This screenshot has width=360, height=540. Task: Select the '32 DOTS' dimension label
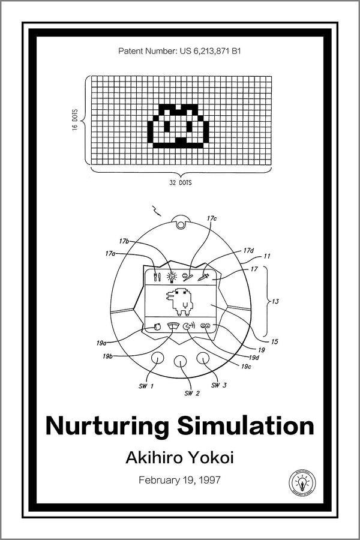tap(180, 182)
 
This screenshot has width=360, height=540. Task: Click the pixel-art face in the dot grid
tap(179, 127)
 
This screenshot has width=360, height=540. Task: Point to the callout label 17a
tap(110, 254)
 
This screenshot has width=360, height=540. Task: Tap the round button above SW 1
tap(158, 358)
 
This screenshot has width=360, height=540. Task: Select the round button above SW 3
tap(203, 358)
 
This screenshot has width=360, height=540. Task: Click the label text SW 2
tap(192, 394)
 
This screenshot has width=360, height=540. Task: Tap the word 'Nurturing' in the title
tap(107, 427)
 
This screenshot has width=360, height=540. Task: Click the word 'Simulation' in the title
tap(245, 427)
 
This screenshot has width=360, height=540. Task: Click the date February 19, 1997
tap(180, 480)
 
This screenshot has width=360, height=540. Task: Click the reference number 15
tap(274, 342)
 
